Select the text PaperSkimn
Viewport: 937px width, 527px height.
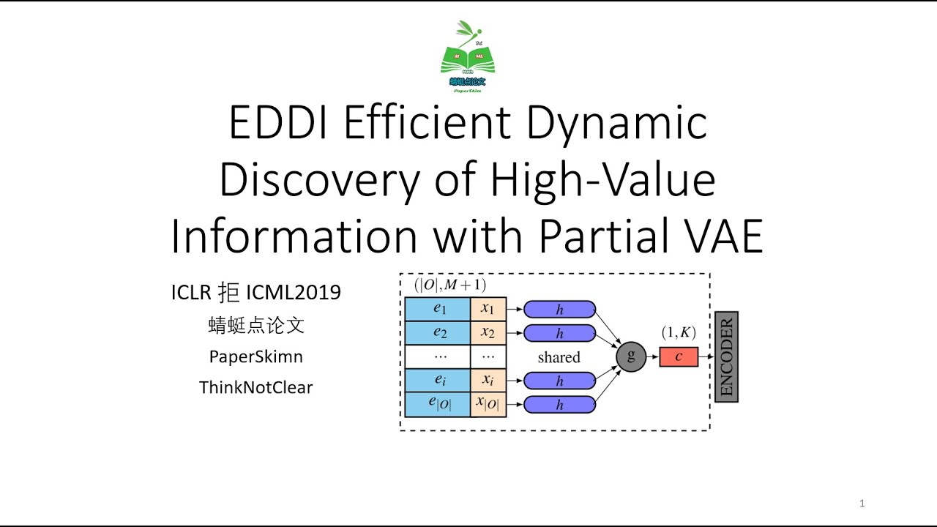coord(255,356)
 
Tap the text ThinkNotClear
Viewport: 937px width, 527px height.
coord(255,387)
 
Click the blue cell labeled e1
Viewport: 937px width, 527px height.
coord(438,309)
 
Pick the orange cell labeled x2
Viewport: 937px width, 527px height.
coord(488,332)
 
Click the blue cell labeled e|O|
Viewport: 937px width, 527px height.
coord(438,404)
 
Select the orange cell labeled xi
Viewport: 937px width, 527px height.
coord(488,380)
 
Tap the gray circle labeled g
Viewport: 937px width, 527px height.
coord(631,356)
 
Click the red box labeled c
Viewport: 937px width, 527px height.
coord(679,357)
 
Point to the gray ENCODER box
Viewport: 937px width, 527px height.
coord(726,357)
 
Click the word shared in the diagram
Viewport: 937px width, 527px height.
coord(559,357)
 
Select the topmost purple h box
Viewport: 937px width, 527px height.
coord(560,310)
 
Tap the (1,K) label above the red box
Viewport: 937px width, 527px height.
coord(679,332)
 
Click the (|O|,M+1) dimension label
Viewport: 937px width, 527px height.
coord(449,285)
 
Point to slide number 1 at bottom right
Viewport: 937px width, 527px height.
coord(862,504)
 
